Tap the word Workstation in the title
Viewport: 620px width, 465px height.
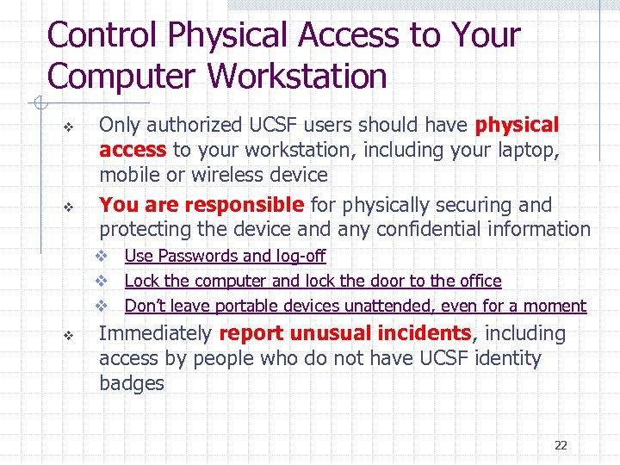(x=296, y=77)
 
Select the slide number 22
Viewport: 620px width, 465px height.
(x=561, y=445)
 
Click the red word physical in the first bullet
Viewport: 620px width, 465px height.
(x=518, y=126)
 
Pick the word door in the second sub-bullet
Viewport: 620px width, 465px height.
(x=364, y=281)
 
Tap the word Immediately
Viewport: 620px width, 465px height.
(x=156, y=334)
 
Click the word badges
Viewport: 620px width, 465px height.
(x=132, y=383)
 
